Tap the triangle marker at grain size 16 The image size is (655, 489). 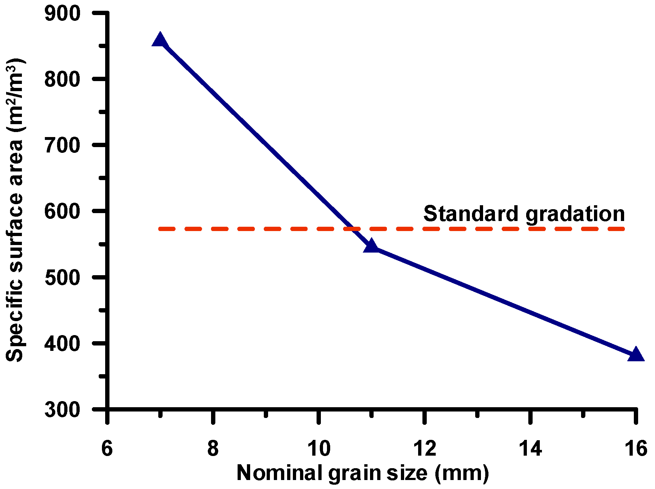(x=636, y=354)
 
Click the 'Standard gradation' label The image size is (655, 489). (x=524, y=214)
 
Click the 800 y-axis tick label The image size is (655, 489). (x=62, y=79)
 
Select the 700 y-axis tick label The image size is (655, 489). (x=62, y=145)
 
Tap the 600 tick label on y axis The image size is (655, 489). (x=62, y=211)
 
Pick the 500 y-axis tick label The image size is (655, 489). (x=62, y=277)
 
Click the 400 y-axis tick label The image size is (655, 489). (x=62, y=343)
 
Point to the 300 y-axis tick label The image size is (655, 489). (x=62, y=409)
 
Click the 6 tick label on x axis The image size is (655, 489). (x=107, y=448)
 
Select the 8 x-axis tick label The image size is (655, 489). (x=213, y=448)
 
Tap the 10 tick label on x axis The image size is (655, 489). (x=319, y=448)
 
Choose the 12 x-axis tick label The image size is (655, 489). (x=425, y=448)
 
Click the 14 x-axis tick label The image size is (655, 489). (x=530, y=448)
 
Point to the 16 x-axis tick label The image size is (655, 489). (x=636, y=448)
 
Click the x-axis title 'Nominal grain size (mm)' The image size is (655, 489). (x=362, y=473)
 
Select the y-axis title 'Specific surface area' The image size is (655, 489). (x=15, y=210)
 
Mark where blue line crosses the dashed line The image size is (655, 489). (x=353, y=229)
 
